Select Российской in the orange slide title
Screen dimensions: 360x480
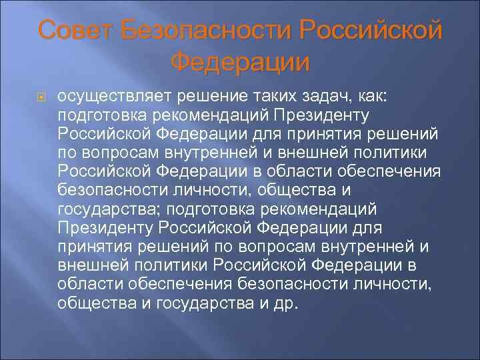point(371,30)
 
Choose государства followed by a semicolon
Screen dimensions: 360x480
point(108,210)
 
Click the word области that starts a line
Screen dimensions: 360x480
point(87,285)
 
